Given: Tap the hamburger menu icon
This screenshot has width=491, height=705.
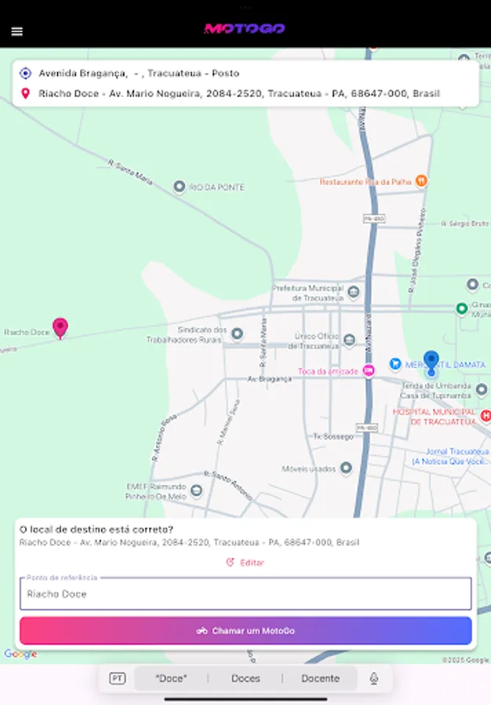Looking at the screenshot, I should [17, 31].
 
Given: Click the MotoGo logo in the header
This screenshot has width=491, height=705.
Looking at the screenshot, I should [244, 29].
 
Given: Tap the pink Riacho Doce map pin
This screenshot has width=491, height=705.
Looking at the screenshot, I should [60, 327].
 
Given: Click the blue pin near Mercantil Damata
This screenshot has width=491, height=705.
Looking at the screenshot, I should [431, 362].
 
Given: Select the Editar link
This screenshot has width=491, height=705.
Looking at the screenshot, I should [245, 562].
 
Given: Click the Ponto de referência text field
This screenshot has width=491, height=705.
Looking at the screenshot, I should [245, 594].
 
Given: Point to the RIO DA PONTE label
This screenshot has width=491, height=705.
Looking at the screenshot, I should [216, 187].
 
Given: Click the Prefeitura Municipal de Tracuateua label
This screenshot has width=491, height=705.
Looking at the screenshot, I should [308, 293].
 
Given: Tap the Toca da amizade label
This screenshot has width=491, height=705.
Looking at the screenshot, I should [328, 371].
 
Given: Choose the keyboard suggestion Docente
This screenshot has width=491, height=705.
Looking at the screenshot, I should [320, 678].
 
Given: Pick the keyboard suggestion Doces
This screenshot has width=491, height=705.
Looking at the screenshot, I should [245, 678].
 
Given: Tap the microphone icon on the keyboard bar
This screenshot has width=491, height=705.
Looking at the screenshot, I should [374, 678].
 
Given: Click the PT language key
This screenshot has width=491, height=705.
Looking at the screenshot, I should [117, 678].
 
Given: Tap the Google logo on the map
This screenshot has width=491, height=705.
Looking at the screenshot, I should [20, 655].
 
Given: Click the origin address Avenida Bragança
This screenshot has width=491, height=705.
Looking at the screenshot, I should [139, 74].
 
